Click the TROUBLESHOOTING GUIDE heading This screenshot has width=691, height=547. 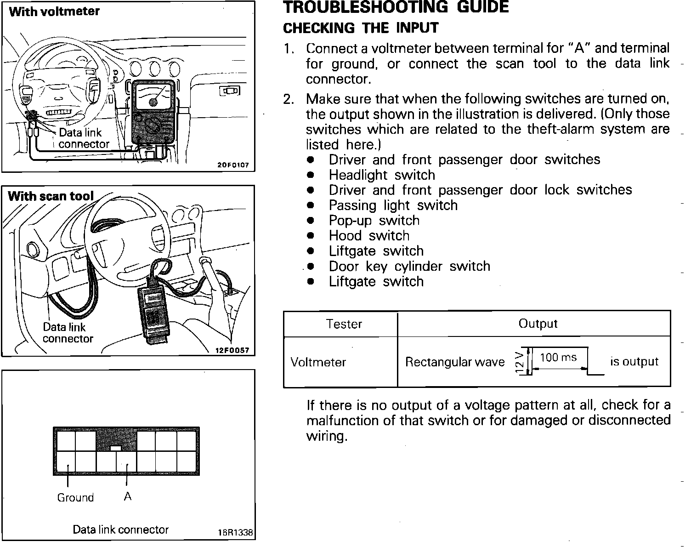click(396, 7)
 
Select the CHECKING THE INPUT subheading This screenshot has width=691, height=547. click(361, 28)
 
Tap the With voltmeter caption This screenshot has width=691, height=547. click(54, 11)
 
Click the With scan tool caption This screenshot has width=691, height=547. click(51, 196)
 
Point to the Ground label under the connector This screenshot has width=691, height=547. click(75, 498)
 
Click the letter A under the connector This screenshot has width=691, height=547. click(128, 496)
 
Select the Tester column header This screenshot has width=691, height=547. click(344, 324)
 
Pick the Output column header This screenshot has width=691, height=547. click(538, 324)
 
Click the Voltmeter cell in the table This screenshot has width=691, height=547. click(318, 362)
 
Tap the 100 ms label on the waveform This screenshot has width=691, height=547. click(558, 357)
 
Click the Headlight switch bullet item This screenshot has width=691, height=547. click(382, 175)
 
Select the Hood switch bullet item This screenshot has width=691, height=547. click(369, 236)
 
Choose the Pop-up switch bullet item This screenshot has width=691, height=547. click(374, 221)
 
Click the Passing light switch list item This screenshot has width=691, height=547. click(393, 205)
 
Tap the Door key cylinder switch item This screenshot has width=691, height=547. click(409, 266)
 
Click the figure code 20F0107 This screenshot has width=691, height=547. click(233, 165)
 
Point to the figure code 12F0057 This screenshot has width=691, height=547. click(232, 350)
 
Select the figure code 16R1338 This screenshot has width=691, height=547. click(235, 533)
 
